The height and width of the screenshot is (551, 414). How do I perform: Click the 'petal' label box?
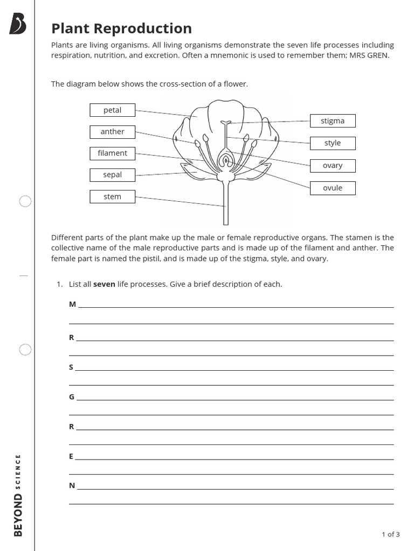pos(112,110)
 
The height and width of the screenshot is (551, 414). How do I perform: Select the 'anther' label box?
pos(112,132)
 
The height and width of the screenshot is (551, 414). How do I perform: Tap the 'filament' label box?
pos(112,153)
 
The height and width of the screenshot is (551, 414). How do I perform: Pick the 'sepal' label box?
pos(112,175)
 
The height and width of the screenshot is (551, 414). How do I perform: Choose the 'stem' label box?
pos(112,197)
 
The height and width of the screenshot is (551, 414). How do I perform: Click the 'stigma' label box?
pos(333,121)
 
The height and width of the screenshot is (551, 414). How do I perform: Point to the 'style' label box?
pos(333,143)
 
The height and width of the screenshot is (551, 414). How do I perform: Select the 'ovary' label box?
pos(333,166)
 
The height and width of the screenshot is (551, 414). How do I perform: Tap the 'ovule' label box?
pos(333,188)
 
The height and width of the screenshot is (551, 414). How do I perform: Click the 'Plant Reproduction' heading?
pos(121,29)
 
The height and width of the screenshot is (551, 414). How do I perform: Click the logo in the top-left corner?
pos(18,24)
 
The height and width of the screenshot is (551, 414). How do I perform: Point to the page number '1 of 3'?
pos(391,534)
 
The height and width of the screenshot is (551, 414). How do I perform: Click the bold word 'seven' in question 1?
pos(104,284)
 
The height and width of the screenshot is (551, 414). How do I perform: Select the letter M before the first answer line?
pos(72,305)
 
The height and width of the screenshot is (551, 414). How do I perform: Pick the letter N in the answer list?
pos(72,485)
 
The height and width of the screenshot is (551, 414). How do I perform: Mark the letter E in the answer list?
pos(71,456)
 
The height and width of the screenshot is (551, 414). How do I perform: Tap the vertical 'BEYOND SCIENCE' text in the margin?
pos(18,495)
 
